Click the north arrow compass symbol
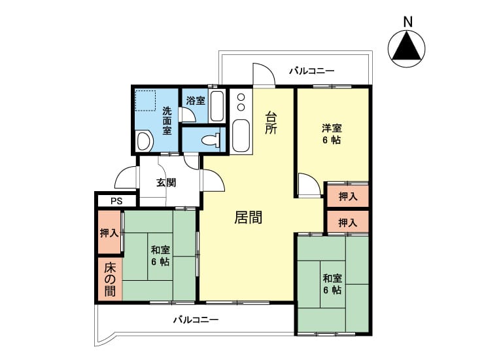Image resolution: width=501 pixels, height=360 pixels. tap(406, 49)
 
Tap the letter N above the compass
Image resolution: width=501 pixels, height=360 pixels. tap(407, 22)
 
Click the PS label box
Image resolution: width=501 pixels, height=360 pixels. tap(116, 201)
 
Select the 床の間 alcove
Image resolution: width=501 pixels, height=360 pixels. tap(110, 279)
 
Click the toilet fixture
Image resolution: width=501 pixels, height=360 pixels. tap(211, 140)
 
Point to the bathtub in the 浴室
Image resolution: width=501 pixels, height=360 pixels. tap(217, 106)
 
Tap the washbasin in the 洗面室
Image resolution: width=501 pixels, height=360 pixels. tap(145, 141)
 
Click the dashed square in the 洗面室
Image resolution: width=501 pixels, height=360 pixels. tap(145, 100)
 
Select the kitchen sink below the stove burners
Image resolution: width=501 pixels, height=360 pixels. tap(241, 135)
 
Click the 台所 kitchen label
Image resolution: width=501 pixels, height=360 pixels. tap(271, 122)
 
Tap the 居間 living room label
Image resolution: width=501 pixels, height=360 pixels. tap(249, 217)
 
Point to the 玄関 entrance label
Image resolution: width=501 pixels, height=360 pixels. tap(166, 183)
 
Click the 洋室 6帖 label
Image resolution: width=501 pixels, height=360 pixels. tap(332, 134)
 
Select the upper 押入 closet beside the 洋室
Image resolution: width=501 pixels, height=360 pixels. tap(348, 196)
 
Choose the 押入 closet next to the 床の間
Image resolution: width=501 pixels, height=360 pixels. tap(109, 232)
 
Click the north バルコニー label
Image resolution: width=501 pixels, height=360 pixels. tap(312, 71)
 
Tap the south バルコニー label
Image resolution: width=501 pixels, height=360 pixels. tap(196, 319)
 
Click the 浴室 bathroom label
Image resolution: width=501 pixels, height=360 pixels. tap(196, 101)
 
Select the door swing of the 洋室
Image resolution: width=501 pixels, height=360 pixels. tap(309, 185)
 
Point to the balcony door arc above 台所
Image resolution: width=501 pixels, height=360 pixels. tap(264, 74)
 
